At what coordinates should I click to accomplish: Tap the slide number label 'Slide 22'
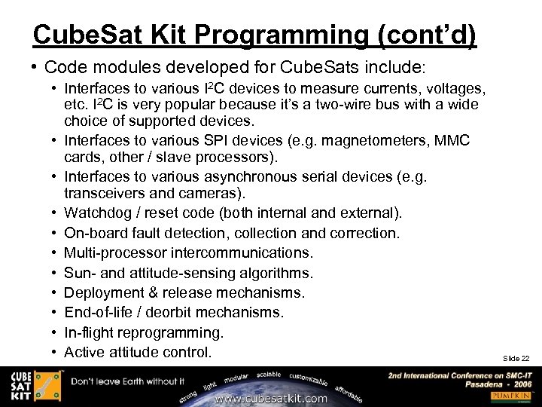[x=516, y=358]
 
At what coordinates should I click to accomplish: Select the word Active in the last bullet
[x=84, y=352]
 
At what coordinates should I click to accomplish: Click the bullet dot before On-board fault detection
[x=55, y=234]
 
